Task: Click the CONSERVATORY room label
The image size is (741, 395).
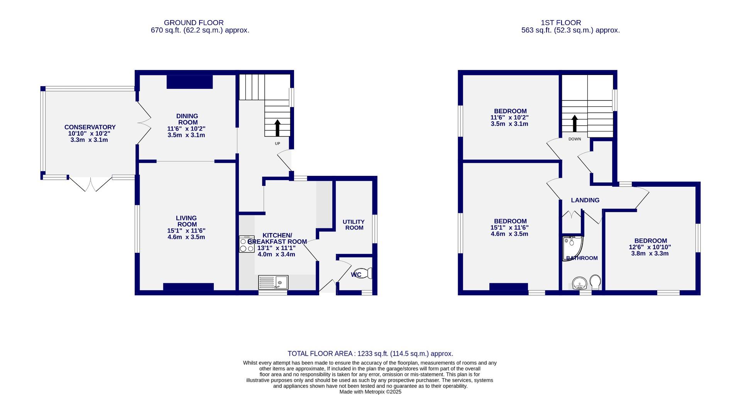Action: pyautogui.click(x=90, y=127)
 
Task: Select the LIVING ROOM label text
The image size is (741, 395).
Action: pyautogui.click(x=186, y=221)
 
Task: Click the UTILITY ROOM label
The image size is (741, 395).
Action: pyautogui.click(x=354, y=225)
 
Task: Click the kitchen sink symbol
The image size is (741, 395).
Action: pyautogui.click(x=273, y=283)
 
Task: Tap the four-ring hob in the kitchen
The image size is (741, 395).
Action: pyautogui.click(x=247, y=244)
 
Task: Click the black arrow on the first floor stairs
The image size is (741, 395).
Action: pyautogui.click(x=574, y=123)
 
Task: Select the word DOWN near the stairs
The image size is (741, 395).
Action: pyautogui.click(x=574, y=139)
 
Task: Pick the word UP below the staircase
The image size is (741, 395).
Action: pyautogui.click(x=277, y=144)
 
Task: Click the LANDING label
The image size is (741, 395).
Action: pyautogui.click(x=585, y=200)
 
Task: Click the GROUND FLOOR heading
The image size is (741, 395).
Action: pyautogui.click(x=193, y=23)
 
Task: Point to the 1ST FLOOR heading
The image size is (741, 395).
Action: pyautogui.click(x=567, y=23)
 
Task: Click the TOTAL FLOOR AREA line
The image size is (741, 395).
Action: pyautogui.click(x=370, y=354)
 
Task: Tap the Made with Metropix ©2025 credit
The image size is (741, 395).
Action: pyautogui.click(x=370, y=392)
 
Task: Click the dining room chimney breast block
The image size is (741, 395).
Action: pyautogui.click(x=189, y=82)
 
